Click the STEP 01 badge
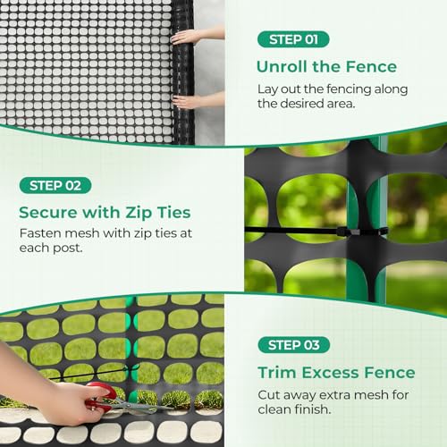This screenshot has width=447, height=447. [x=293, y=39]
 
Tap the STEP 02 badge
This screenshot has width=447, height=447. [x=55, y=185]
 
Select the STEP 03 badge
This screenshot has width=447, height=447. [x=294, y=344]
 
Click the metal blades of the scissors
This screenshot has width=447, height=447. [x=143, y=407]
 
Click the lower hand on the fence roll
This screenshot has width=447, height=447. [x=189, y=101]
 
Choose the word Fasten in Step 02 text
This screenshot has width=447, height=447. [x=39, y=233]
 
